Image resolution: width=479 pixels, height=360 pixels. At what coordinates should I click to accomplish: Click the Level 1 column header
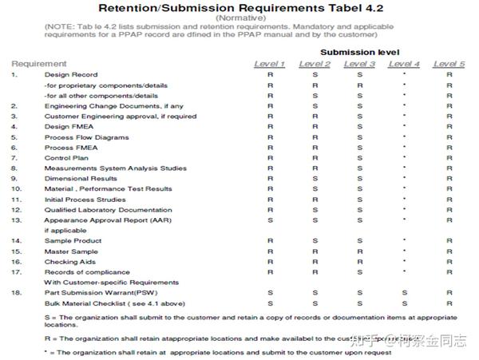tap(269, 64)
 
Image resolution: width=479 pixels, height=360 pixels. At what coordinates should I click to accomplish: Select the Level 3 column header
tap(359, 64)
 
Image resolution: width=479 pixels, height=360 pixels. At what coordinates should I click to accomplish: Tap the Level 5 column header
tap(449, 64)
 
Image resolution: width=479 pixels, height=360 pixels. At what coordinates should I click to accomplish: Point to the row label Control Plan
tap(66, 157)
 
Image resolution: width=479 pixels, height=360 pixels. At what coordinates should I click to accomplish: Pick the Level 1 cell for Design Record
tap(270, 74)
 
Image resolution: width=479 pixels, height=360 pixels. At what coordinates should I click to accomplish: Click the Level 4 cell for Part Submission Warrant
tap(405, 292)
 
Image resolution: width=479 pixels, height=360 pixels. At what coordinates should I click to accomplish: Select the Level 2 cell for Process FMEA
tap(315, 147)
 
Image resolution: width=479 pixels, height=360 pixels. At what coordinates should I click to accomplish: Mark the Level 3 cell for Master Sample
tap(359, 251)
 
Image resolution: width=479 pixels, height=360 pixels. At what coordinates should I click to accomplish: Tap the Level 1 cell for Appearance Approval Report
tap(270, 220)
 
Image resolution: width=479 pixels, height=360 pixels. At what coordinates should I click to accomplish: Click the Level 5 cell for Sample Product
tap(449, 240)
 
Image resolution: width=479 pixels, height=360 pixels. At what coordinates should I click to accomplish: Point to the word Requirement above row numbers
tap(39, 64)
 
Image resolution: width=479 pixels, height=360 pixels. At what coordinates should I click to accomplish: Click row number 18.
tap(16, 292)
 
